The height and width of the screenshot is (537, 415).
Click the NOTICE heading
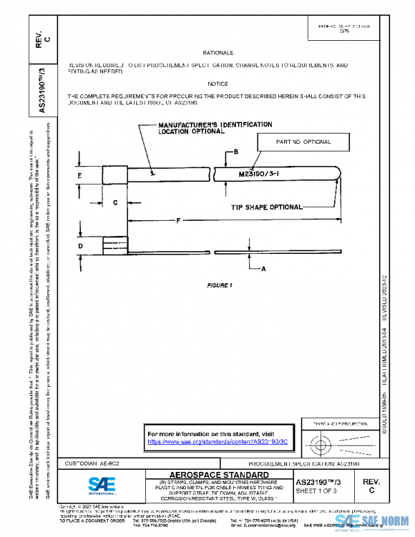pyautogui.click(x=217, y=83)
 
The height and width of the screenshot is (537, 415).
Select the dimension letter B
pyautogui.click(x=236, y=152)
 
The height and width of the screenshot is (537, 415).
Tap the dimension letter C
pyautogui.click(x=114, y=202)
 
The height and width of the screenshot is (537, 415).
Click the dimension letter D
pyautogui.click(x=80, y=245)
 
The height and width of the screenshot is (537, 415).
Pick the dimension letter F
pyautogui.click(x=178, y=220)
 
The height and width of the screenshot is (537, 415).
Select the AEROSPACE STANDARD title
pyautogui.click(x=213, y=473)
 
